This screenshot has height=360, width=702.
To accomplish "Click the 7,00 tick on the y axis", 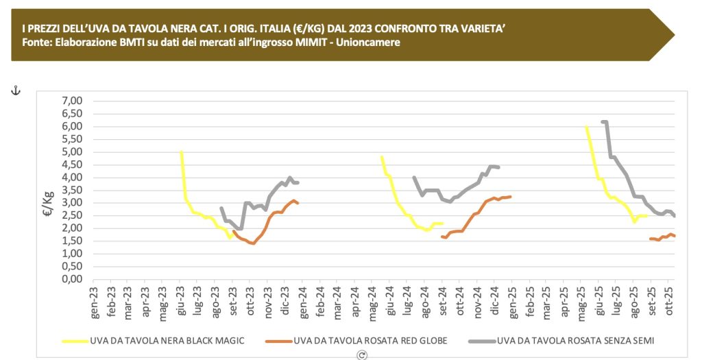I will [71, 101].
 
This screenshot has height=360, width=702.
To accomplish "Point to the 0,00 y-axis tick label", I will [71, 279].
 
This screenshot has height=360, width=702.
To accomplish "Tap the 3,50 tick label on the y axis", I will [71, 190].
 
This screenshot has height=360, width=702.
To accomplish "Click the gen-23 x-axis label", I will [94, 305].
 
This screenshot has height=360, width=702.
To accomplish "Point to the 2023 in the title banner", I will [340, 29].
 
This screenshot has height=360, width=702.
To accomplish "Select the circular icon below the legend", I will [362, 355].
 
